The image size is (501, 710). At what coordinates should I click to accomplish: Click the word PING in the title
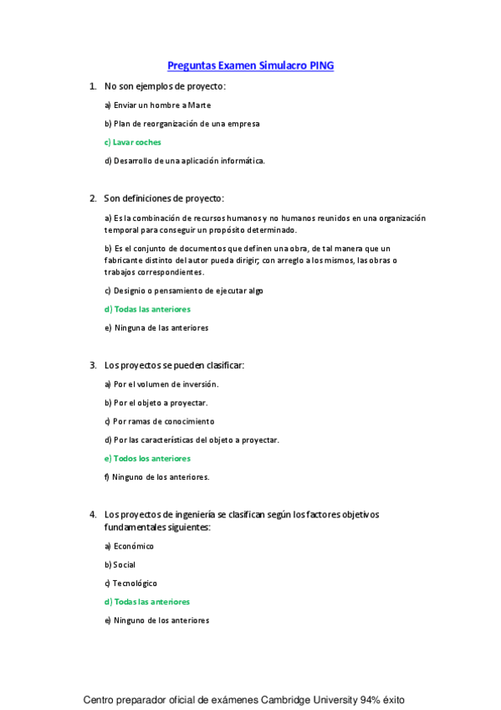point(322,65)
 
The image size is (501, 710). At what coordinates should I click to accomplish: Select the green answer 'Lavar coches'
point(133,142)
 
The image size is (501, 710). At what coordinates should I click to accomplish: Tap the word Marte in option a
point(199,105)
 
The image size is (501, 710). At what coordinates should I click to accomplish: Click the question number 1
point(92,86)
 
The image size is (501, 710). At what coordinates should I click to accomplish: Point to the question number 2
point(92,198)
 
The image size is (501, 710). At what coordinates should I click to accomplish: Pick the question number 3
point(92,365)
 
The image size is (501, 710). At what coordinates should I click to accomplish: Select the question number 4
point(92,514)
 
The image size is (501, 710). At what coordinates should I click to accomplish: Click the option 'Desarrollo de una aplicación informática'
point(184,161)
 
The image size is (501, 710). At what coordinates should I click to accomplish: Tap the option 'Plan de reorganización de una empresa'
point(181,124)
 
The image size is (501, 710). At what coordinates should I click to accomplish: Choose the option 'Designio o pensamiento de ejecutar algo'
point(184,291)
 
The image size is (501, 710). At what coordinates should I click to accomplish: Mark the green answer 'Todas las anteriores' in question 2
point(147,310)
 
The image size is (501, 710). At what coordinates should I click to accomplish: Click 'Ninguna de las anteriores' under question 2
point(156,328)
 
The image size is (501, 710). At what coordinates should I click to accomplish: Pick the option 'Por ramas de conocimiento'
point(159,421)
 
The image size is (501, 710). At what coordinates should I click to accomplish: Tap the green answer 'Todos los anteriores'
point(147,459)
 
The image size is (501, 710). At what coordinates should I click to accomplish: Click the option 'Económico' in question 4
point(129,546)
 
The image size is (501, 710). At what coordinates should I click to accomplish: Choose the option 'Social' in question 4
point(120,565)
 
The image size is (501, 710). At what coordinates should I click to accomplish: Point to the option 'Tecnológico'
point(130,584)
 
